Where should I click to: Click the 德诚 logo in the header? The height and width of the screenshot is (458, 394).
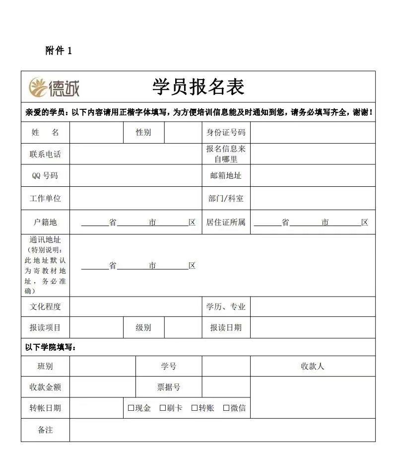point(54,87)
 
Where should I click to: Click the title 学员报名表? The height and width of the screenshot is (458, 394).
point(198,87)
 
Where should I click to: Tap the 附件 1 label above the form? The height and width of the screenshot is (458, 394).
point(59,51)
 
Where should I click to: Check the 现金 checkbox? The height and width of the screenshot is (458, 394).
point(131,408)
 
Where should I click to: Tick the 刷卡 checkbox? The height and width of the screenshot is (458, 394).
point(163,408)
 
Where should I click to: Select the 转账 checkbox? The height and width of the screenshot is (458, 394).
point(195,408)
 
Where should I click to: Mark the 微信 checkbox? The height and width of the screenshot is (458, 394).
point(226,408)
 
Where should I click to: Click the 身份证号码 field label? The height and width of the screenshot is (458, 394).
point(226,133)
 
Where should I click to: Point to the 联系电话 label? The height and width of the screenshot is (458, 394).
point(45,154)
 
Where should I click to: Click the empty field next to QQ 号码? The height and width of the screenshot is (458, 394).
point(135,175)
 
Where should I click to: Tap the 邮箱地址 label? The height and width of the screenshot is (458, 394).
point(226,175)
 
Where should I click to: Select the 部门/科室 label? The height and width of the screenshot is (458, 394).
point(226,198)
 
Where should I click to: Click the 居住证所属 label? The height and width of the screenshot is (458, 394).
point(226,222)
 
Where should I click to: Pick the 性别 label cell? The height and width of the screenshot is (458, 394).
point(143,133)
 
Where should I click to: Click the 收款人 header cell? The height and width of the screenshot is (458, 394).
point(313,366)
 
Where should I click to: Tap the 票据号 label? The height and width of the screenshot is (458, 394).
point(169,387)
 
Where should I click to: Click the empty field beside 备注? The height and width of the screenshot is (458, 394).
point(222,430)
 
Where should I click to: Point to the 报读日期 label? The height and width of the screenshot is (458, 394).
point(226,327)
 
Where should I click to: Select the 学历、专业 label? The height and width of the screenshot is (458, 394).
point(226,306)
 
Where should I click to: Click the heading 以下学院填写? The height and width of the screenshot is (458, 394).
point(51,347)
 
